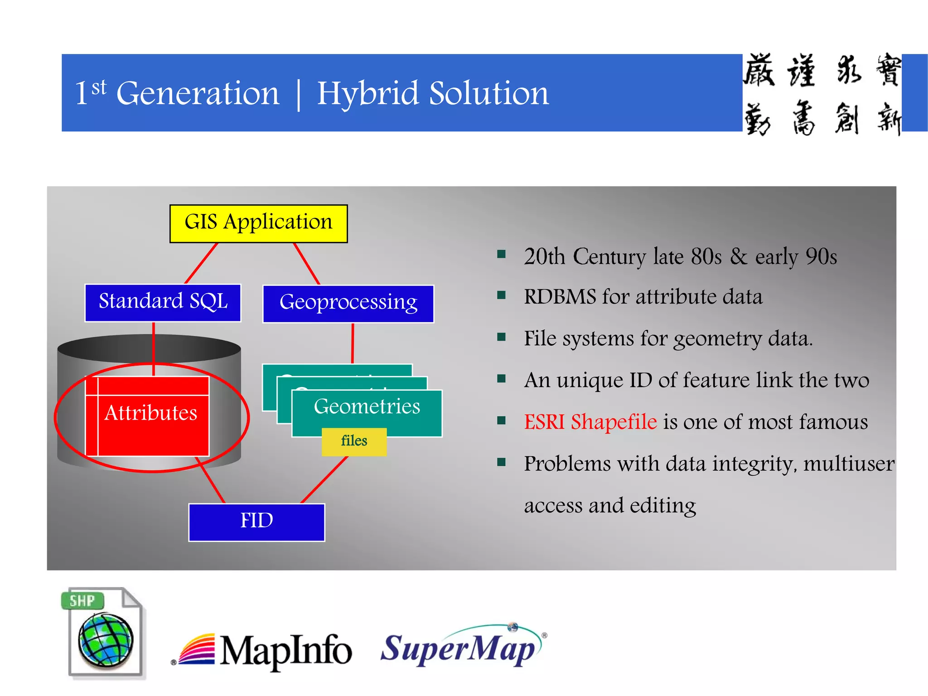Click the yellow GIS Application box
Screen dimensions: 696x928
click(258, 223)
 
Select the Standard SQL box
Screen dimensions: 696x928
click(163, 303)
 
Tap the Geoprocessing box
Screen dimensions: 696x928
click(348, 304)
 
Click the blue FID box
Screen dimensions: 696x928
click(256, 522)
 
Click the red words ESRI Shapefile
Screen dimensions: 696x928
click(590, 422)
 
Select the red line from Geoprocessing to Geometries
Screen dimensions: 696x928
click(353, 343)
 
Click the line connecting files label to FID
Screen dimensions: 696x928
click(324, 480)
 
